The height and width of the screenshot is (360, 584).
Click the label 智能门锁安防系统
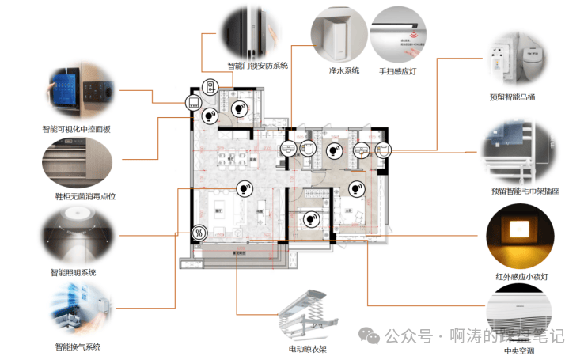(x=257, y=66)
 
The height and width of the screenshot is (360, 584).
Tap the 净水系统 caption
(x=343, y=71)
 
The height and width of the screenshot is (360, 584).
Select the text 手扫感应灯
(x=397, y=71)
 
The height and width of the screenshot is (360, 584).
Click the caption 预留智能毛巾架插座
(x=525, y=191)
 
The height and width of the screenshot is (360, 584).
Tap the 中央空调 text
(x=519, y=350)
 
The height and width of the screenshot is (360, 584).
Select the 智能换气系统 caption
(x=78, y=347)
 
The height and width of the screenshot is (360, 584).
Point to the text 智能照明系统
(x=73, y=272)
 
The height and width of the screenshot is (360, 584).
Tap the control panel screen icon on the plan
(x=194, y=102)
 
